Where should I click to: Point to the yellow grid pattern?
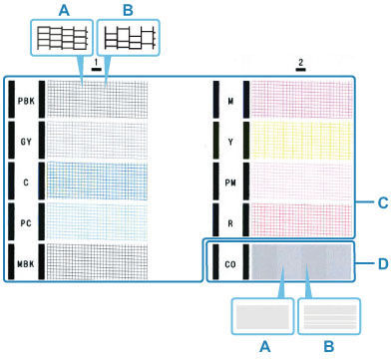(x=300, y=140)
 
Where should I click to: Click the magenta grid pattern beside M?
(x=300, y=100)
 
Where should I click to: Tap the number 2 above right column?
(x=299, y=62)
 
